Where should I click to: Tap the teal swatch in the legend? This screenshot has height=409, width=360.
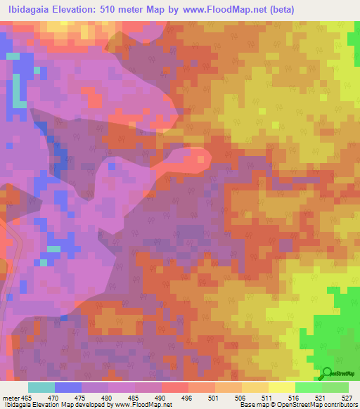pos(41,387)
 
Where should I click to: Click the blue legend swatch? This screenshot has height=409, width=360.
pos(68,387)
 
